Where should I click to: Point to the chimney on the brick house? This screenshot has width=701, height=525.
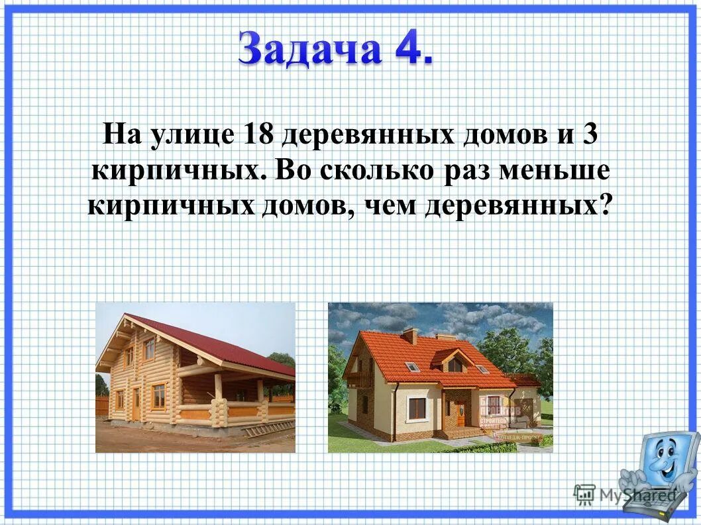pos(410,336)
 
